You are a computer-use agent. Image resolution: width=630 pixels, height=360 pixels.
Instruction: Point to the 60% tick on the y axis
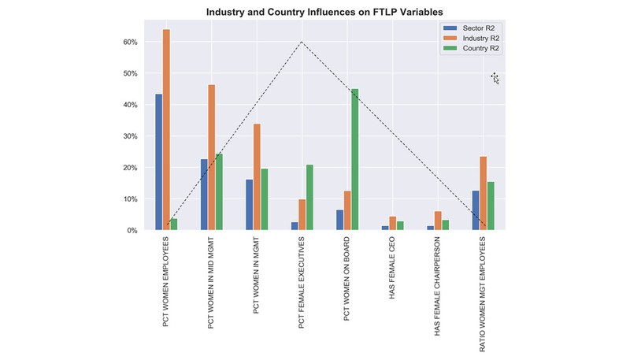coord(130,42)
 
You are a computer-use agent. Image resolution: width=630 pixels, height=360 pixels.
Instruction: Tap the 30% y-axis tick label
coord(130,136)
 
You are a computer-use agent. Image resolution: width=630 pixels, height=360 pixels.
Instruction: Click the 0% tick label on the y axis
coord(132,231)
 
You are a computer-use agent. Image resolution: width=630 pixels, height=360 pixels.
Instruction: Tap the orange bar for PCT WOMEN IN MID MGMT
coord(212,158)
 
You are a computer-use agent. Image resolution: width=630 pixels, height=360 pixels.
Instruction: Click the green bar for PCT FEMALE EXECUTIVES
coord(309,198)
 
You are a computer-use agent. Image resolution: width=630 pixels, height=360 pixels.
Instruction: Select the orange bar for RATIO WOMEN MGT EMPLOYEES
coord(483,193)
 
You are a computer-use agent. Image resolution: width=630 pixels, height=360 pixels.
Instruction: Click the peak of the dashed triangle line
coord(302,42)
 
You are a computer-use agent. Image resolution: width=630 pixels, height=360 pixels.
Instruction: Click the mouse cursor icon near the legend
coord(495,77)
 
